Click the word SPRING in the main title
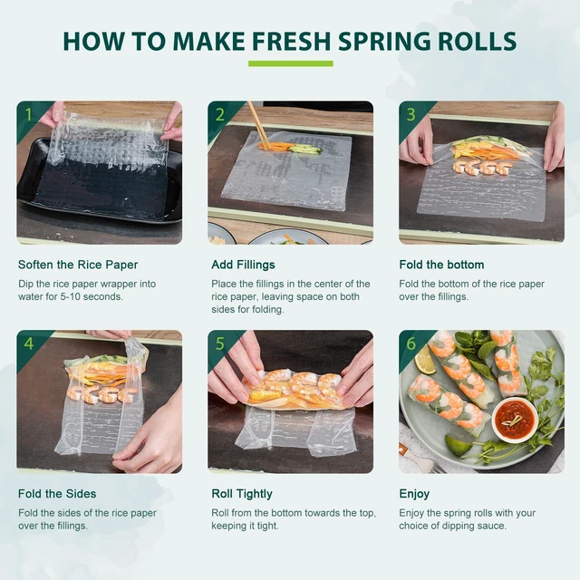384,41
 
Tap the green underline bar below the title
290,63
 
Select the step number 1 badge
29,114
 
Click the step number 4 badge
29,343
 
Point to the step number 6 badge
411,343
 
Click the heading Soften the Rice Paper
78,265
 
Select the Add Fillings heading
243,265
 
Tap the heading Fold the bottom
441,265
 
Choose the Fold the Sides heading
57,494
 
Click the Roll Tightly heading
242,494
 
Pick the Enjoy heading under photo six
414,494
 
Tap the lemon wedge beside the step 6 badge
425,360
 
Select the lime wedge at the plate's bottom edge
458,445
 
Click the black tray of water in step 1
100,181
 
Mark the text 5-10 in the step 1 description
72,296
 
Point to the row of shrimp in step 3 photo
483,167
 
